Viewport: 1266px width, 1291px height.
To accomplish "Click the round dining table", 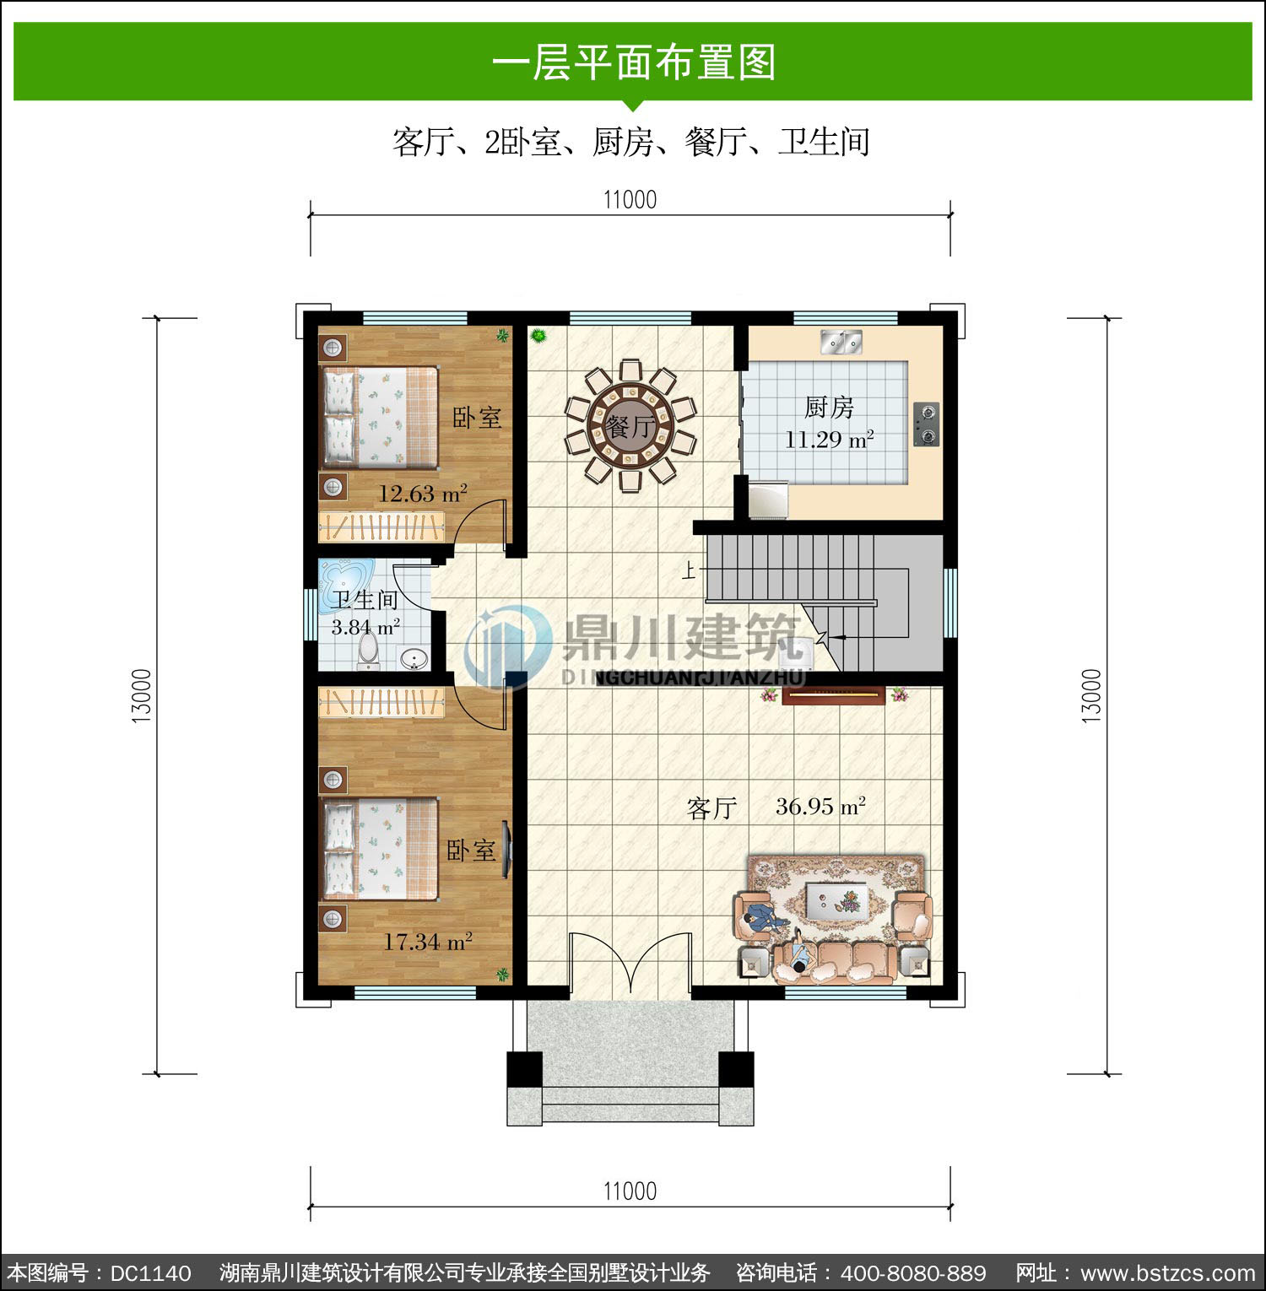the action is (630, 426).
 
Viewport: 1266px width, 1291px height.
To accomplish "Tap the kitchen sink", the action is (841, 342).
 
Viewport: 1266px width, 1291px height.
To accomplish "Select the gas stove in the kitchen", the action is (927, 424).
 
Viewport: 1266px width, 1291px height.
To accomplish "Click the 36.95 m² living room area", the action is (820, 807).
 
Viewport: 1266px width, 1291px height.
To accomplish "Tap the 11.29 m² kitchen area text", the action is (829, 440).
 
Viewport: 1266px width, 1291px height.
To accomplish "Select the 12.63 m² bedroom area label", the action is (422, 494).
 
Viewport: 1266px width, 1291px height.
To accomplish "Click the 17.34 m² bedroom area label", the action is (427, 942).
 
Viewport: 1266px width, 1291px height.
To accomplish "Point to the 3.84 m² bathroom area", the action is (365, 628).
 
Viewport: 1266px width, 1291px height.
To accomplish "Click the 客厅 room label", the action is (712, 808).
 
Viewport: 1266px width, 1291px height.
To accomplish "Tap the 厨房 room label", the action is (829, 408).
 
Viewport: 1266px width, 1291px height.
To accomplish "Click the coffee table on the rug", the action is (836, 899).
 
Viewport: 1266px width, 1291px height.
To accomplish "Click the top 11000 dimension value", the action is (630, 200).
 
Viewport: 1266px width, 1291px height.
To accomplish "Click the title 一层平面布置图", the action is (633, 62).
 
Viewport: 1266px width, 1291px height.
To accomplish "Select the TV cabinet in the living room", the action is (833, 696).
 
